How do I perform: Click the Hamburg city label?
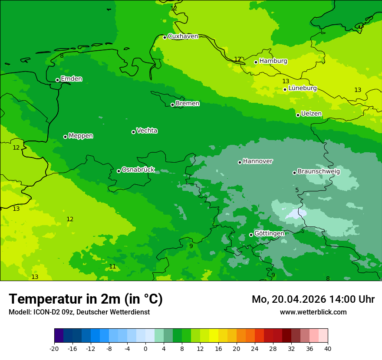pos(273,61)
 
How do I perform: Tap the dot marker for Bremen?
pos(172,105)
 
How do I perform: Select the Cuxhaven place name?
pos(183,36)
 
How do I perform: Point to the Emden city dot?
pos(57,80)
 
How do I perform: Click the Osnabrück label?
pos(138,170)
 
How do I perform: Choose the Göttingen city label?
pos(269,234)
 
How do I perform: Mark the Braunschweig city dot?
pos(294,173)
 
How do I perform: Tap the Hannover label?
pos(257,161)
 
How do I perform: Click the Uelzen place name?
pos(311,114)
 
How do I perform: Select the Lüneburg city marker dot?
pos(285,89)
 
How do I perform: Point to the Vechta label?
pos(147,131)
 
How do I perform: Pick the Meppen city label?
pos(81,136)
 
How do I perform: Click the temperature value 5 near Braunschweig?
pos(297,190)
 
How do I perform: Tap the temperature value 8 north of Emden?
pos(62,56)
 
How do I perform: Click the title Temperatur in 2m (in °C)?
pos(86,299)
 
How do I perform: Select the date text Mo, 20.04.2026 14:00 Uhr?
pos(313,299)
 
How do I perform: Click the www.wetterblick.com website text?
pos(313,312)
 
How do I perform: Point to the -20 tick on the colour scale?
pos(54,348)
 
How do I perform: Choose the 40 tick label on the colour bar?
pos(328,348)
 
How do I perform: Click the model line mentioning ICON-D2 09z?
pos(79,312)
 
